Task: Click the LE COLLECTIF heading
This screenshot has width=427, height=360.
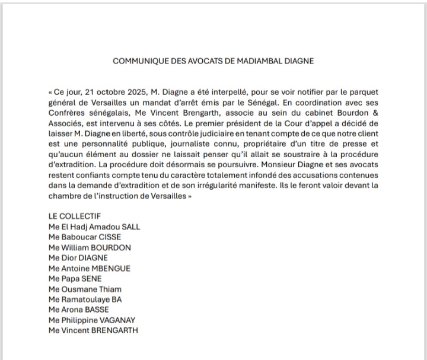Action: [75, 216]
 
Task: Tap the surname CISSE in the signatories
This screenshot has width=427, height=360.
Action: [108, 237]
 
